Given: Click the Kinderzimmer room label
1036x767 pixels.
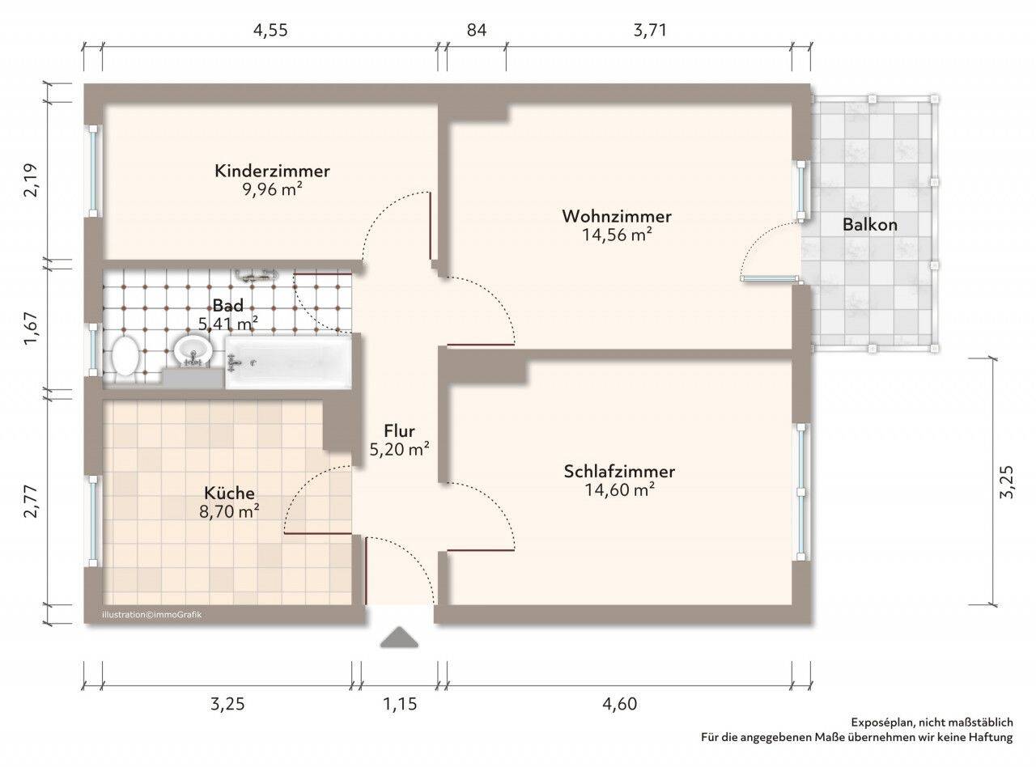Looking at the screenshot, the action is [272, 171].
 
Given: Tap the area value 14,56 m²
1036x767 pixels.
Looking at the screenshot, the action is [617, 235].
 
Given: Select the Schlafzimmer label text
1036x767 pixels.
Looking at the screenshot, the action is [619, 472].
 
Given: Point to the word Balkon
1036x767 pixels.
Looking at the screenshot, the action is [870, 225].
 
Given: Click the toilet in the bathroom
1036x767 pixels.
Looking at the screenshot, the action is [125, 356].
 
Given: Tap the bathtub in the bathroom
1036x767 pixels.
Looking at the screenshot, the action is [288, 362].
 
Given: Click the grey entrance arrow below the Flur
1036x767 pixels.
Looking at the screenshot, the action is [399, 638].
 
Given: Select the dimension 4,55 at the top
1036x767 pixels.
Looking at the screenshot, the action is [270, 31].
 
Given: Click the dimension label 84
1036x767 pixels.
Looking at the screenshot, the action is [477, 31].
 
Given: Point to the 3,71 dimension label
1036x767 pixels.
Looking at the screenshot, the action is [650, 31].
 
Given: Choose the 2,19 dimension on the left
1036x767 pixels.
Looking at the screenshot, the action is [32, 180].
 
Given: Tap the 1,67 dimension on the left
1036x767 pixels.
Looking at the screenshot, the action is [32, 328].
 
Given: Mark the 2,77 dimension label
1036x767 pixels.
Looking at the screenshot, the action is [32, 501].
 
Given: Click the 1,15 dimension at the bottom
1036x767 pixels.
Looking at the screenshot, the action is [400, 703].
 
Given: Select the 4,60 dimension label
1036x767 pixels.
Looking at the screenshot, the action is [619, 703].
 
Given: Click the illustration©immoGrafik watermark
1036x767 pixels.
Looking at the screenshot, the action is [152, 615].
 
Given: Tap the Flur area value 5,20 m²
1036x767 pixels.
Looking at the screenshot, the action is [399, 449].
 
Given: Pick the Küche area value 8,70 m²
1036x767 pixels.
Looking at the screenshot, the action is [229, 511].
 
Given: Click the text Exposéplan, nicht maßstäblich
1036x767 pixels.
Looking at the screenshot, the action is [932, 723].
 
